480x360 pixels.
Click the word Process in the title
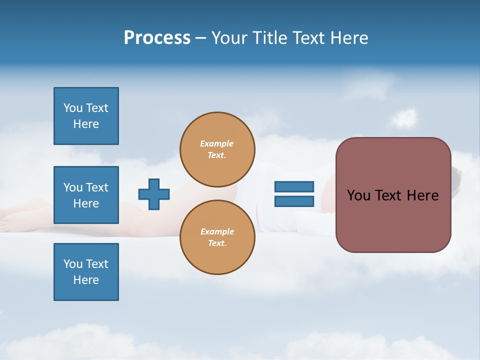[x=157, y=38]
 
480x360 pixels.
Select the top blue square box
[x=86, y=116]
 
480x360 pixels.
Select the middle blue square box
[x=86, y=195]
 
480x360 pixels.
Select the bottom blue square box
[x=86, y=272]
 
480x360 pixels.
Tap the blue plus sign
[x=154, y=194]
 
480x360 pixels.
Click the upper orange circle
[x=217, y=149]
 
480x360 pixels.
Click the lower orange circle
[x=217, y=237]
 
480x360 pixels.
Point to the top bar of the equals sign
[x=294, y=186]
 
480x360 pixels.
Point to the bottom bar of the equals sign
[x=294, y=201]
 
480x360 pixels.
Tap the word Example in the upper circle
[x=216, y=143]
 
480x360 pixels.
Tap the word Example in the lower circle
[x=216, y=231]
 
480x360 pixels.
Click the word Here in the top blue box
[x=86, y=124]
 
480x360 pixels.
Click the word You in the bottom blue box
[x=73, y=264]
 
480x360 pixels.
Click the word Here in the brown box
[x=422, y=195]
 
